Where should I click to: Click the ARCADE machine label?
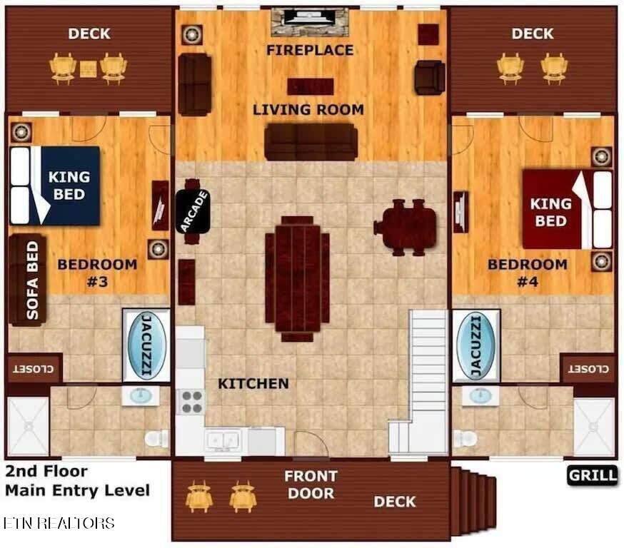point(193,211)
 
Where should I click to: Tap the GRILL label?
point(593,476)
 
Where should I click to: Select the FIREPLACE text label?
point(310,50)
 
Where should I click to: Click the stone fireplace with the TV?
point(310,22)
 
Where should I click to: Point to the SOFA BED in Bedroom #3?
point(27,280)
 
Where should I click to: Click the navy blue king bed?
point(55,186)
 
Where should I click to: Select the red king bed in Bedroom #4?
point(567,210)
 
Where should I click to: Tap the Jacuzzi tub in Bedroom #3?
point(147,345)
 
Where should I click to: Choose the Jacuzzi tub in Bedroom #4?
point(476,346)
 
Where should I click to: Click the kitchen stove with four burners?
point(191,402)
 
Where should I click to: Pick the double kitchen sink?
point(223,440)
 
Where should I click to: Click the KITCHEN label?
point(253,384)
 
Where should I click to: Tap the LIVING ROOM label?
point(308,110)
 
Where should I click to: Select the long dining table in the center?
point(297,278)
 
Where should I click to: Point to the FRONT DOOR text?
point(311,484)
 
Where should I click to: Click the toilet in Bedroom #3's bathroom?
point(157,438)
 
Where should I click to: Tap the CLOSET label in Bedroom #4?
point(588,369)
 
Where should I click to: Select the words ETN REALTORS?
point(59,523)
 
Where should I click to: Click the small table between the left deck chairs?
point(88,69)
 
